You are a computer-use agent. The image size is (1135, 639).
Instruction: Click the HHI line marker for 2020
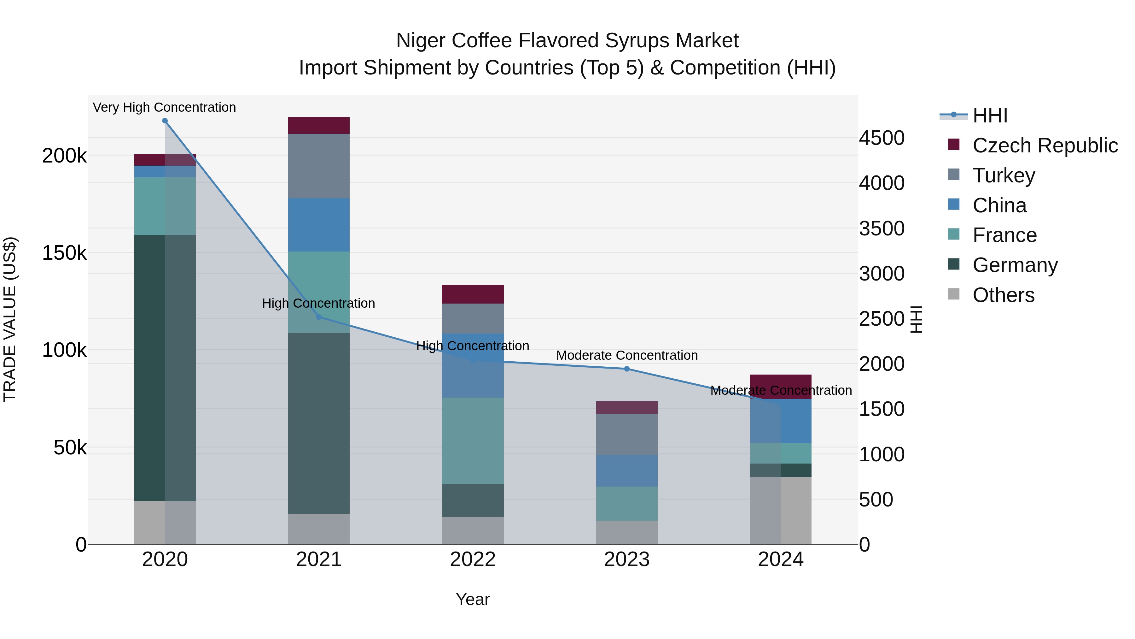165,121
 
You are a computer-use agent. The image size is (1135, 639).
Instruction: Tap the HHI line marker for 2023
626,369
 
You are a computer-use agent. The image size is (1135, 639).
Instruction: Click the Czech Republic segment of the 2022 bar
473,294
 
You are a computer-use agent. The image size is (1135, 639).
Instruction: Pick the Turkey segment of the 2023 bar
626,435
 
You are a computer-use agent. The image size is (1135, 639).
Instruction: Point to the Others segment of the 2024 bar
781,510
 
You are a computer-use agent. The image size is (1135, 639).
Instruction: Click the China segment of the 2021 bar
318,225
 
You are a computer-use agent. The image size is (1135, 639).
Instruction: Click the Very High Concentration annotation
164,108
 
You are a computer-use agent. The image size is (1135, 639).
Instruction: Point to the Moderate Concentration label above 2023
626,355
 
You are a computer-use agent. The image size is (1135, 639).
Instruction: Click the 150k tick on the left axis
64,253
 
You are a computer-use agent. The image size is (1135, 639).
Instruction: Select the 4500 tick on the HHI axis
882,138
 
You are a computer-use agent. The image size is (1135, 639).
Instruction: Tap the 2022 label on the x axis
473,559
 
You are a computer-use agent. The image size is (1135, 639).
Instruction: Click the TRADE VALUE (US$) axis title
10,319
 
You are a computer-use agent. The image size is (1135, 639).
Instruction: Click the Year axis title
473,599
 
